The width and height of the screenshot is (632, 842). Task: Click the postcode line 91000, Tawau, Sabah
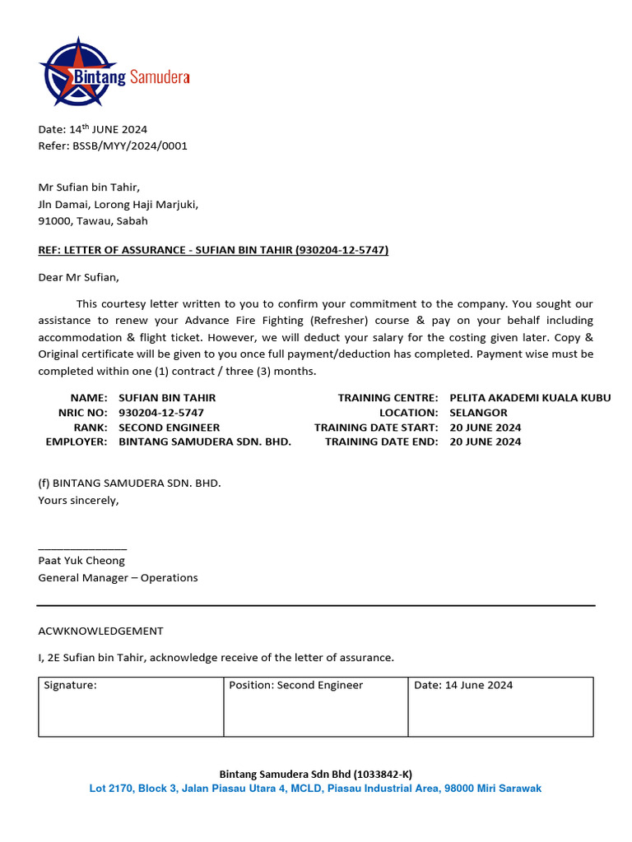93,220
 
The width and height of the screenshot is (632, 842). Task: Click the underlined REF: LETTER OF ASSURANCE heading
213,250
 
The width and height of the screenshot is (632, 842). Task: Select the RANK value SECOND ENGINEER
170,428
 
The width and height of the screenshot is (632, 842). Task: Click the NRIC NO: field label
82,413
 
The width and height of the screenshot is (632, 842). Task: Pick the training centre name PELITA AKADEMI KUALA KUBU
530,398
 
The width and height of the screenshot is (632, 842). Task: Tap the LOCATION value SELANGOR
478,413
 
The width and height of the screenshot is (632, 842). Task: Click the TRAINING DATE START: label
376,428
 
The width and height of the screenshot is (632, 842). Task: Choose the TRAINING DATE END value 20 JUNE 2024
486,442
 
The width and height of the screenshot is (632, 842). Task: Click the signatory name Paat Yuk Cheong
81,561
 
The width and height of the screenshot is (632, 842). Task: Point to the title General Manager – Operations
118,577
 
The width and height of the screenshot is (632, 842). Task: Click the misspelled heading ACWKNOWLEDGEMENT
100,631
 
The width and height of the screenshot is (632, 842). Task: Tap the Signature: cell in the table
131,706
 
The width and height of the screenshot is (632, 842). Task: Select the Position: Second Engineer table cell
316,706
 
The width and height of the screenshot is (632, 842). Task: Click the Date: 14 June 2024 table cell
500,706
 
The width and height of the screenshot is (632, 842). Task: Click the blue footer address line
315,789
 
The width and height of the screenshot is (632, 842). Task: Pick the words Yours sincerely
78,500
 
